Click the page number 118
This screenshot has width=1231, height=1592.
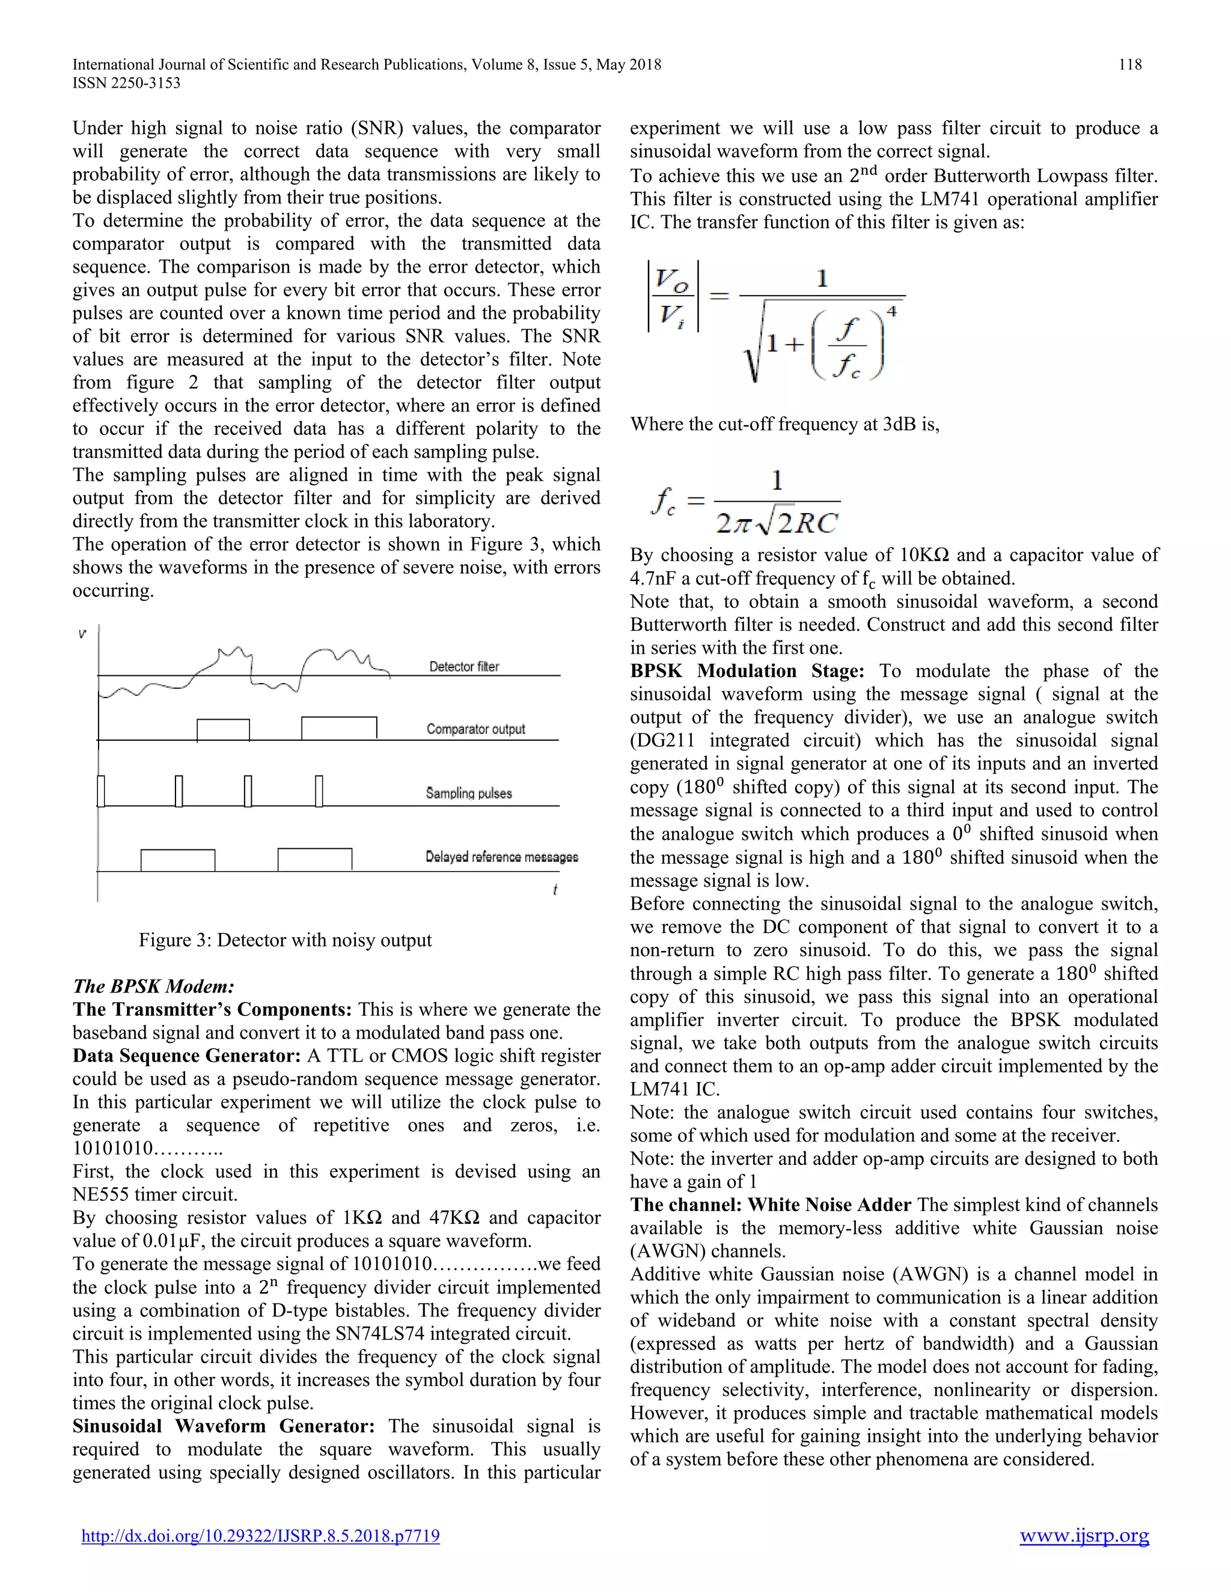pos(1129,65)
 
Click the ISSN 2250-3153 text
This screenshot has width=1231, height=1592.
pos(126,83)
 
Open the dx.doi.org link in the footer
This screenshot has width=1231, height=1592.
pos(260,1536)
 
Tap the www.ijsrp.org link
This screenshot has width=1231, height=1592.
pos(1084,1536)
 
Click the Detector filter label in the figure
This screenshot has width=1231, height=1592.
pos(464,666)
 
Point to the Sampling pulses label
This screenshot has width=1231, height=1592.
pos(469,793)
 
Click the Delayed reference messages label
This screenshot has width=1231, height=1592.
pos(502,857)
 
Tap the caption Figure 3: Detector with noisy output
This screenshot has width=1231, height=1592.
pos(285,940)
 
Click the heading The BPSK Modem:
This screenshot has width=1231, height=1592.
pos(153,986)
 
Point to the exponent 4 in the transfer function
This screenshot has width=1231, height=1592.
pos(891,312)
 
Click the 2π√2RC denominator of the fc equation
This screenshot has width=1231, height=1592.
pos(777,523)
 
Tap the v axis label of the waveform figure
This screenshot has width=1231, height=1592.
pos(82,634)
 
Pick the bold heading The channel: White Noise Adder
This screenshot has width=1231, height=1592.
pos(770,1205)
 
